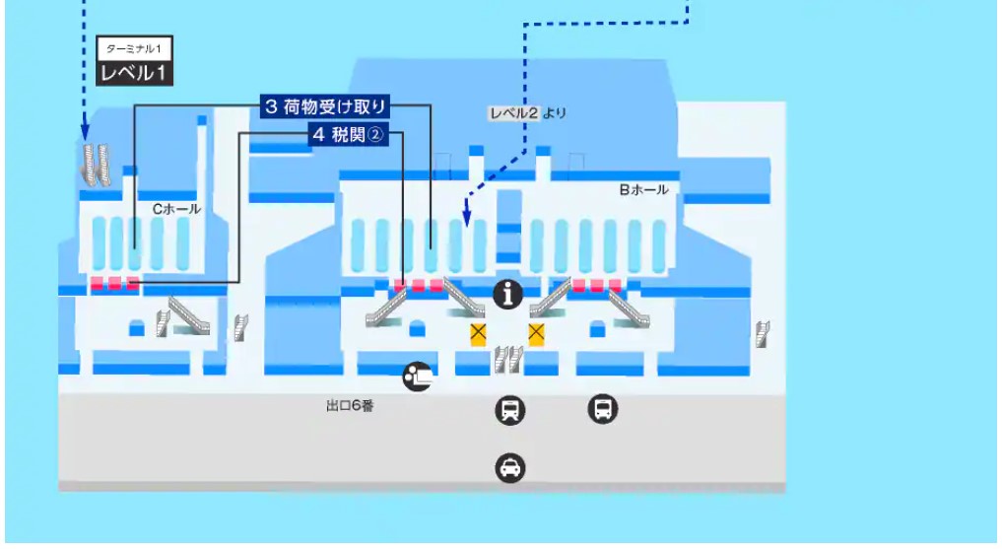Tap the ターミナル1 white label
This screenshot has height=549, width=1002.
(132, 48)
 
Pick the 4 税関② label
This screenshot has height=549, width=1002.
(347, 135)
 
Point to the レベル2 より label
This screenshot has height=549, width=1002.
(528, 113)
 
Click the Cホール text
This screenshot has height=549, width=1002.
(176, 209)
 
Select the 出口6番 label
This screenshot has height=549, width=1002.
(350, 405)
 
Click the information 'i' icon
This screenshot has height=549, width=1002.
(508, 293)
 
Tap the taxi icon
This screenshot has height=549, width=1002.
(509, 467)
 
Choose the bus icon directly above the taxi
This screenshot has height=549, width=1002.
(509, 409)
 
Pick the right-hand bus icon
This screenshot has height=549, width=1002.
(602, 407)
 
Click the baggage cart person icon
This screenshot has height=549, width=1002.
(417, 376)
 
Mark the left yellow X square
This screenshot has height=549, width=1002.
(479, 333)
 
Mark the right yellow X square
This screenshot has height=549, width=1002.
(537, 333)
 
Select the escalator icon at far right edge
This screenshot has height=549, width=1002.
(762, 333)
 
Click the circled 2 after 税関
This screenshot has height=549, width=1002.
(374, 135)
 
